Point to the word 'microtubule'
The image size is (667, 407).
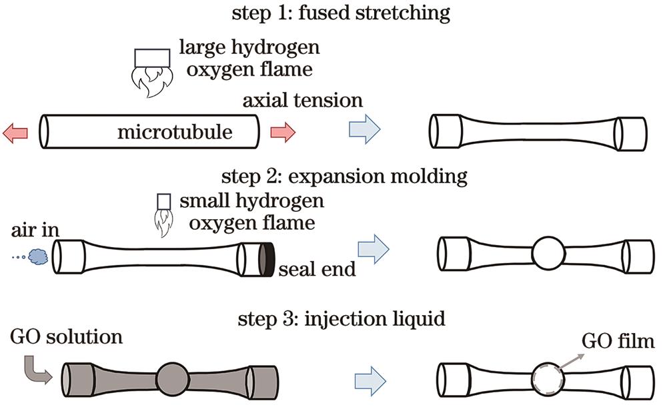click(x=175, y=133)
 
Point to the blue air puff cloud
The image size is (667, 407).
click(x=37, y=255)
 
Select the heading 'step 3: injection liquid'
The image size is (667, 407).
click(x=342, y=319)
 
